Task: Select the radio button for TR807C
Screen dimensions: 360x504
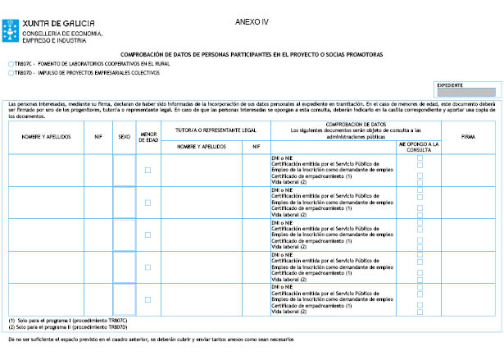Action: (9, 63)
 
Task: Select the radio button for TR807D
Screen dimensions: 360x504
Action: (9, 73)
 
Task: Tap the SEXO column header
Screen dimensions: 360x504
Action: (124, 137)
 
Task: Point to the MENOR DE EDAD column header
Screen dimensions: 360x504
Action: (148, 137)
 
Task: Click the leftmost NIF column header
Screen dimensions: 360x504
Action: (98, 137)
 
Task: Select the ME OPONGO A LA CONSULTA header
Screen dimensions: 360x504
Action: (419, 146)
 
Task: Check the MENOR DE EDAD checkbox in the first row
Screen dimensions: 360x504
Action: (148, 171)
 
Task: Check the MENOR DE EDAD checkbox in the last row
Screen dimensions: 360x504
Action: (148, 299)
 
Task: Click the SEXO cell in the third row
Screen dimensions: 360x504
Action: (124, 235)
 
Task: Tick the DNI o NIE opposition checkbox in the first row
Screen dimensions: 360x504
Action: (420, 157)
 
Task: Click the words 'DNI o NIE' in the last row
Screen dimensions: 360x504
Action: (282, 287)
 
